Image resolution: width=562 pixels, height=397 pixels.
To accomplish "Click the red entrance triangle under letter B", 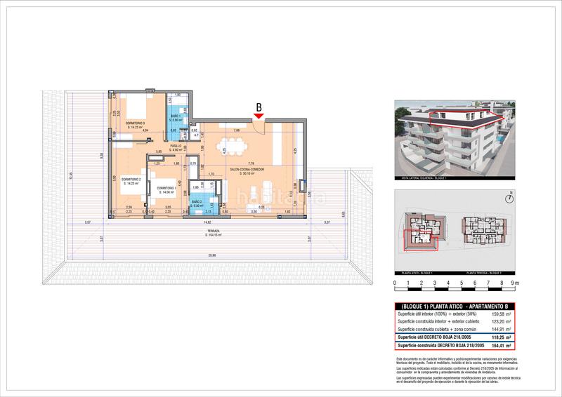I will (259, 116).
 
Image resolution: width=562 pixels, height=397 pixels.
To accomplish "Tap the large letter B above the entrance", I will (259, 107).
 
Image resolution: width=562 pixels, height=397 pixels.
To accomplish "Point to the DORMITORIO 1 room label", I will (166, 189).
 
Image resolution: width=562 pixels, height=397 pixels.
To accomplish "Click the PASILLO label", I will (176, 147).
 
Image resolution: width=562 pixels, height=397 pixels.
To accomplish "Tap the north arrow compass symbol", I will (514, 197).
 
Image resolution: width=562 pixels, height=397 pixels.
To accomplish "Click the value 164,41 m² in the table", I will (498, 345).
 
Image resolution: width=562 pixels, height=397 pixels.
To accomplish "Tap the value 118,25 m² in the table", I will (498, 337).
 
